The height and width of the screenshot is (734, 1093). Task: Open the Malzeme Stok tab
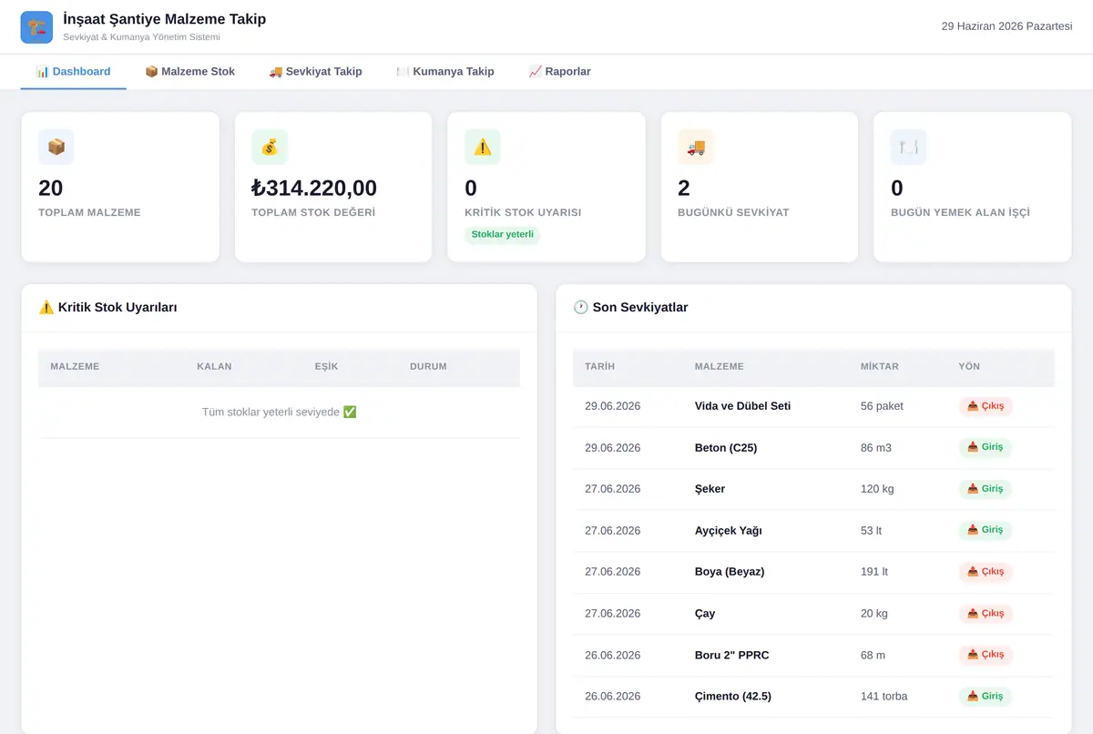pos(189,72)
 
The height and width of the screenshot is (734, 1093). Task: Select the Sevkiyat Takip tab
pos(315,72)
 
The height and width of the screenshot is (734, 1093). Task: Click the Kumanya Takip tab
pos(445,72)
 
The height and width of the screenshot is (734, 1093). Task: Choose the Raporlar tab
pos(559,72)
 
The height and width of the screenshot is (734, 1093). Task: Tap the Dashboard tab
pos(73,72)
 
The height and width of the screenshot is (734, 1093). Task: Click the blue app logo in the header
pos(36,27)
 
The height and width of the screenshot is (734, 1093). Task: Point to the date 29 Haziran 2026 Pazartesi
pos(1006,26)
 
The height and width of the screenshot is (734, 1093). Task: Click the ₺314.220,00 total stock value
pos(313,188)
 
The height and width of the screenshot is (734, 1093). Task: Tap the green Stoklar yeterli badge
pos(502,235)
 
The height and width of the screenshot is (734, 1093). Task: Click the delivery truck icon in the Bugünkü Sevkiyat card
pos(696,147)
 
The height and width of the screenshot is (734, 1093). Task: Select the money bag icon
pos(270,147)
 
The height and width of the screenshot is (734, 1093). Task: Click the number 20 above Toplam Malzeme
pos(51,188)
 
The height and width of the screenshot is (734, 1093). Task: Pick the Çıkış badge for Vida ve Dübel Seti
pos(986,406)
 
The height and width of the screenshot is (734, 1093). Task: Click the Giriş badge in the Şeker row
pos(986,489)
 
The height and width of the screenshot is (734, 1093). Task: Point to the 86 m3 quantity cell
pos(876,448)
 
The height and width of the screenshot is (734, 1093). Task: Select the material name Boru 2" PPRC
pos(731,655)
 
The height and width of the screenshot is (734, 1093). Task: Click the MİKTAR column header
pos(879,366)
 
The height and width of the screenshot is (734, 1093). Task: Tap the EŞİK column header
pos(326,366)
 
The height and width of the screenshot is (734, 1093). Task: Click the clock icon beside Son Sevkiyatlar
pos(581,307)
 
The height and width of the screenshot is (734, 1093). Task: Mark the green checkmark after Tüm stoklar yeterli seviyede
pos(350,413)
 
